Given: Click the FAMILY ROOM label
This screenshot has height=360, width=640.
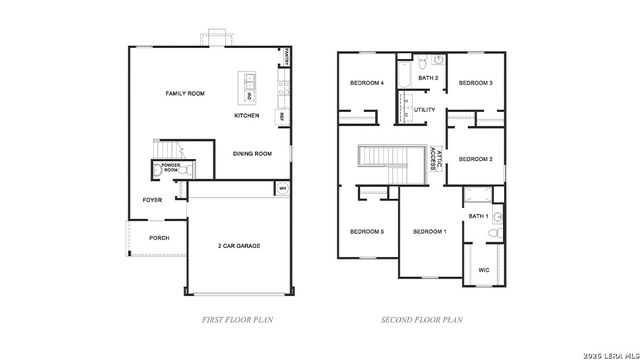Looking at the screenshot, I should (185, 93).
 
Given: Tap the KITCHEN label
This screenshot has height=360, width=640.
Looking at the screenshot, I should (247, 115).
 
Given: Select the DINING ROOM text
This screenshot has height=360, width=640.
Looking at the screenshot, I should (252, 154).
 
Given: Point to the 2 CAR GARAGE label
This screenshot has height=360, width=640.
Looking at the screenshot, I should (239, 244).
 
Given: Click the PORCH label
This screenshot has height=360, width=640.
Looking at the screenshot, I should (159, 238).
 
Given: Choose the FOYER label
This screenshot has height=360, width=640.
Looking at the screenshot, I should (152, 200).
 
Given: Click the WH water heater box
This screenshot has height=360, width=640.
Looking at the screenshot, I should (282, 187).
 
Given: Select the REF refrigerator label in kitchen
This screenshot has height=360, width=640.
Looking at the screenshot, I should (283, 116).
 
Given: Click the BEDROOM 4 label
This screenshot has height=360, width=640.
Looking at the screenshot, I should (367, 83).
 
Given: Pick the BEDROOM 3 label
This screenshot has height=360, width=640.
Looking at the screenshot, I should (475, 83).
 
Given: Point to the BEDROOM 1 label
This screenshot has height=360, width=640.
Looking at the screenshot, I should (430, 232).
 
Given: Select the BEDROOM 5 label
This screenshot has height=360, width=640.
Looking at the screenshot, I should (367, 232).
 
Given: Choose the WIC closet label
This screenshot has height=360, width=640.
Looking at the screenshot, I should (484, 270).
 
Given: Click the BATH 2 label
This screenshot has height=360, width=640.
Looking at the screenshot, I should (428, 77).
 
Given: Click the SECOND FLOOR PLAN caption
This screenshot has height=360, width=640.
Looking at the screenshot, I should (422, 320).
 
